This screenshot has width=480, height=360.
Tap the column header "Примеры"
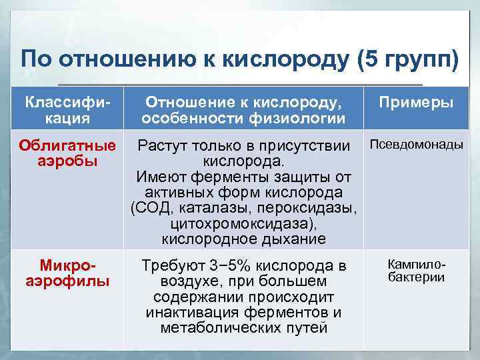tap(416, 103)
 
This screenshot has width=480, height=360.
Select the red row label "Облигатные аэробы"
tap(67, 153)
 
